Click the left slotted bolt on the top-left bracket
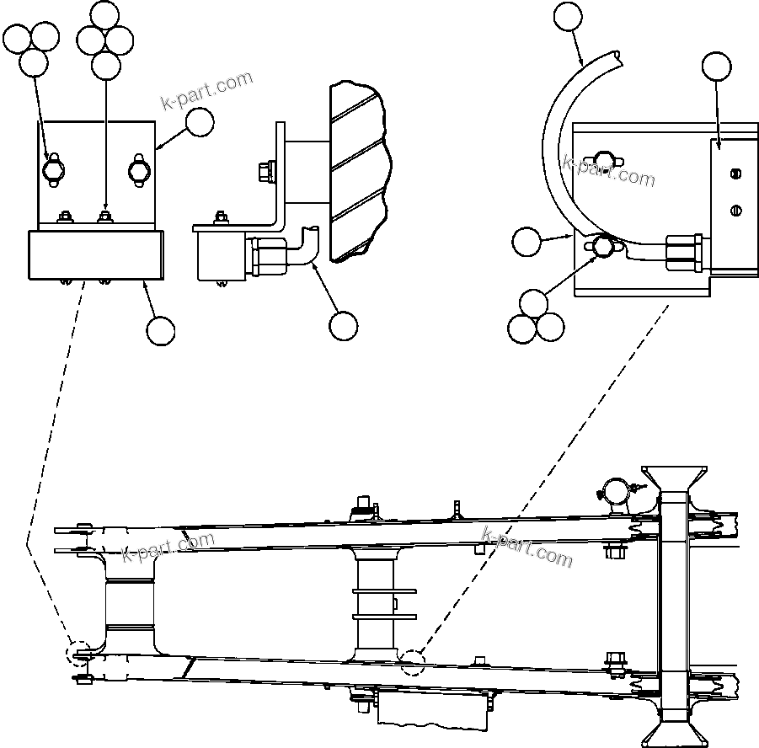[x=52, y=169]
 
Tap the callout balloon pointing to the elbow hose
[x=343, y=325]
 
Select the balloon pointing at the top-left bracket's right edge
[x=200, y=123]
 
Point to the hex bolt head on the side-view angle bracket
[x=261, y=172]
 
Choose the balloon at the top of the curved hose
[x=568, y=17]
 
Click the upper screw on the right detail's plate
[x=735, y=174]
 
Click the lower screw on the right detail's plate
[x=735, y=211]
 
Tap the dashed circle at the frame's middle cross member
[x=413, y=663]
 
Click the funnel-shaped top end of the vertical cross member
[x=673, y=478]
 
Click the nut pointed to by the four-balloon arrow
[x=105, y=218]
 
